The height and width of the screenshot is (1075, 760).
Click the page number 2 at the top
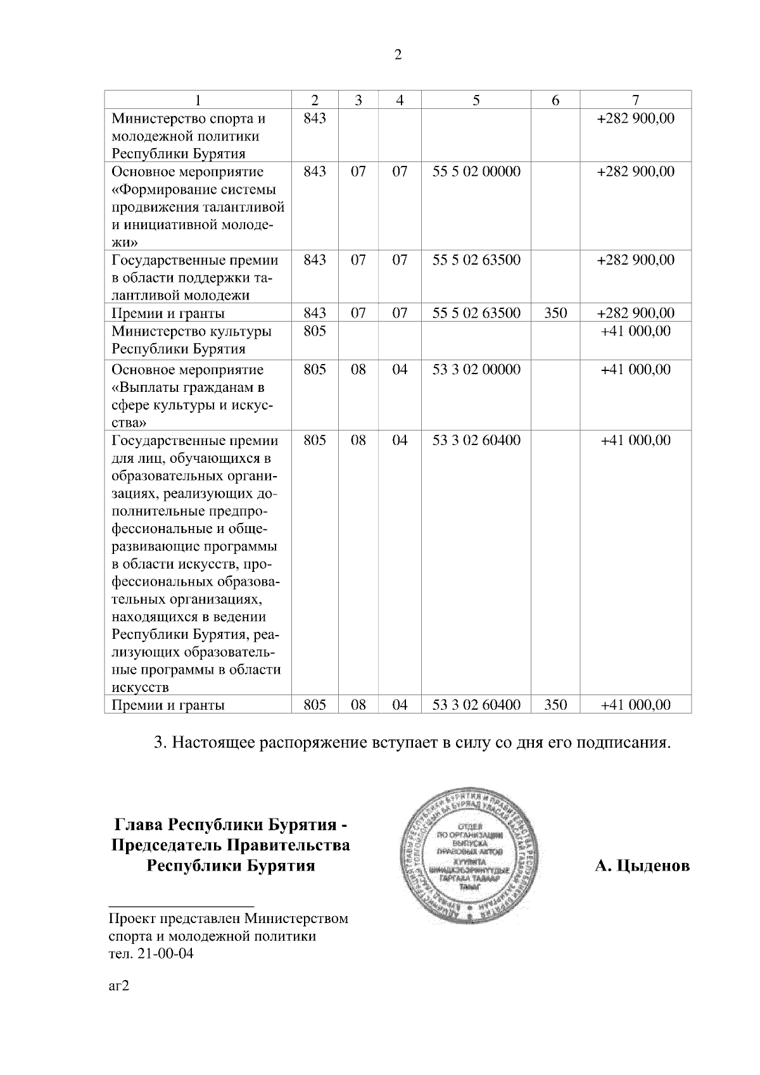(398, 55)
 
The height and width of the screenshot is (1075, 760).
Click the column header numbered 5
(476, 100)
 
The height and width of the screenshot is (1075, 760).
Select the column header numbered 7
(635, 100)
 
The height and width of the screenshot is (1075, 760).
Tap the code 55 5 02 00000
(476, 172)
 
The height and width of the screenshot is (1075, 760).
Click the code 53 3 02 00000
(476, 370)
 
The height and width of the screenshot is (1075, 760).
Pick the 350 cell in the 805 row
(555, 705)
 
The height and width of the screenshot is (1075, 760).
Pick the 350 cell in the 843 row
(555, 313)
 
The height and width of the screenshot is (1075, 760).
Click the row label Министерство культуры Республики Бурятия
(191, 340)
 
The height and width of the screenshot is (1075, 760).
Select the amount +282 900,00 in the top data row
(635, 118)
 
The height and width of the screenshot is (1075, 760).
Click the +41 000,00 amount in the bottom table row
(635, 705)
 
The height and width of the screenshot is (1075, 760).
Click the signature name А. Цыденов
(642, 865)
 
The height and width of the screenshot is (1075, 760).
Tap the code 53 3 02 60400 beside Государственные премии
(476, 440)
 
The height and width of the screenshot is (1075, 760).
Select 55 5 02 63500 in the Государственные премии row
(476, 260)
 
